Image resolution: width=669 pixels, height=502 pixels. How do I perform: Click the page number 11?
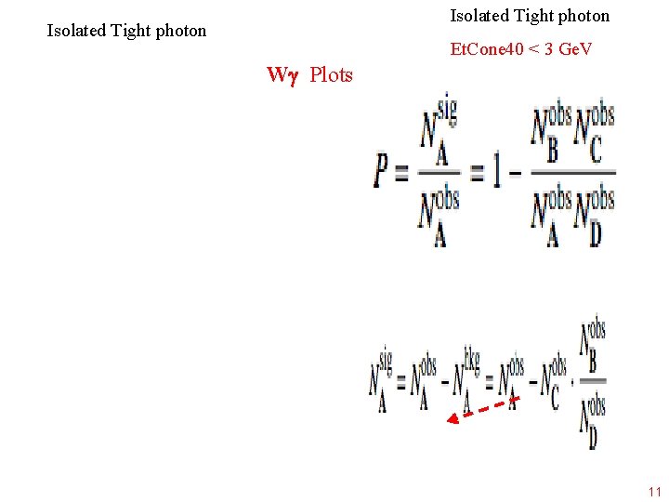tap(654, 492)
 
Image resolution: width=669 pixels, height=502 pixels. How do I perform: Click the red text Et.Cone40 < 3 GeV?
tap(521, 48)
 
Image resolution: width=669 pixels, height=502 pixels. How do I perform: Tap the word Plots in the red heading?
tap(331, 74)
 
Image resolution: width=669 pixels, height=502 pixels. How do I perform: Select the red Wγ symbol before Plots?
tap(281, 74)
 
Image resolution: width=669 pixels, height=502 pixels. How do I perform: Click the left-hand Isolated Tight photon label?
tap(126, 31)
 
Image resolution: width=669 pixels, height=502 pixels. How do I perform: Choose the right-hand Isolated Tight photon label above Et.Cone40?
tap(530, 16)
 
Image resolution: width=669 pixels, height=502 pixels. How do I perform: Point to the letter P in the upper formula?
tap(382, 171)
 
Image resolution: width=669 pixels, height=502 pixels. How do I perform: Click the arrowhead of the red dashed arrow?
tap(453, 419)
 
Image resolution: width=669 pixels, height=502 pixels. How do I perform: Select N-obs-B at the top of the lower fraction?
tap(593, 346)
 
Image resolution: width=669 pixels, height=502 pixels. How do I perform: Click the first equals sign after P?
tap(401, 173)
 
